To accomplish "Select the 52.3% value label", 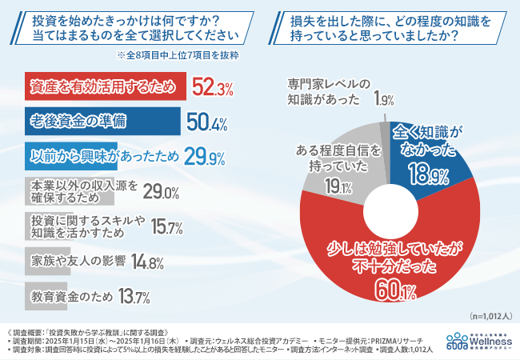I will tap(212, 86).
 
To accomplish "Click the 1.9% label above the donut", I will tap(382, 100).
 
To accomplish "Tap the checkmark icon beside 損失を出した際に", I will tap(275, 25).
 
